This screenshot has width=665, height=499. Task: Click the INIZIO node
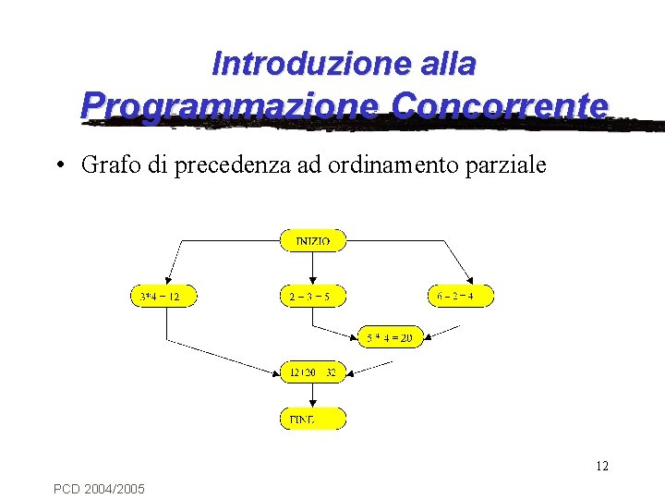click(312, 240)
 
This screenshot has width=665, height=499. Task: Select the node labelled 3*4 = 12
click(163, 296)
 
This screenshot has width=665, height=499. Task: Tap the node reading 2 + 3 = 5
click(312, 296)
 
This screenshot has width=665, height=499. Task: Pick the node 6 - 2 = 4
click(462, 296)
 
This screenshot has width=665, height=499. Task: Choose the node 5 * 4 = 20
click(389, 337)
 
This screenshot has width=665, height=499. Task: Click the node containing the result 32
click(312, 372)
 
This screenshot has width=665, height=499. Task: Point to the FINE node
click(312, 419)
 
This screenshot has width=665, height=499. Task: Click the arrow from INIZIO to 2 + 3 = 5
click(312, 268)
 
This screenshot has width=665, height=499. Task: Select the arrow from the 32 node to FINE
click(312, 396)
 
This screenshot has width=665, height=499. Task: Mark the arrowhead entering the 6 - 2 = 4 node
click(470, 280)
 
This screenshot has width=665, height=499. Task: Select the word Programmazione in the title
click(229, 104)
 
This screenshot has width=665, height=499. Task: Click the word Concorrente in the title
click(500, 104)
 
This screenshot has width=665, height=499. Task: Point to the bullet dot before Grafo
click(58, 166)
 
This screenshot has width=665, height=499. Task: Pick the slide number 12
click(601, 466)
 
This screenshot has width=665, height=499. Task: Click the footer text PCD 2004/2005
click(99, 487)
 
